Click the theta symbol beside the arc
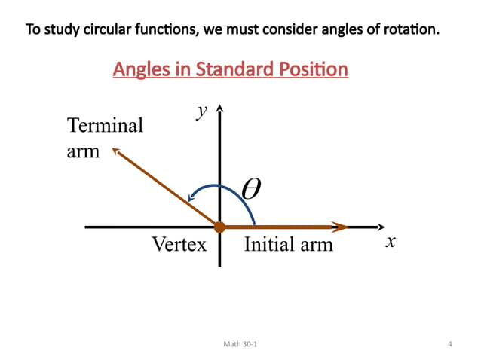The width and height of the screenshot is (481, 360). (x=251, y=188)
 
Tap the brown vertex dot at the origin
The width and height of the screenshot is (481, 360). (x=219, y=227)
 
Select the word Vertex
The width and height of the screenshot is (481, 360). (x=179, y=245)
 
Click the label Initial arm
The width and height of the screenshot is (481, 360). (x=288, y=245)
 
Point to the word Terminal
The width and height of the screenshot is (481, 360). (x=105, y=125)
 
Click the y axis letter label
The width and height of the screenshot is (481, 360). (x=201, y=111)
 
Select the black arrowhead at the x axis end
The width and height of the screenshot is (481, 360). (x=381, y=227)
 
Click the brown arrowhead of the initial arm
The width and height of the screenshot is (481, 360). (x=342, y=227)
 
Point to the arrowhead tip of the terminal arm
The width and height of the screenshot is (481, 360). (x=116, y=151)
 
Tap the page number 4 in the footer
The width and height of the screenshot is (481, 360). (x=449, y=345)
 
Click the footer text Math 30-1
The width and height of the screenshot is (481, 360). (x=240, y=345)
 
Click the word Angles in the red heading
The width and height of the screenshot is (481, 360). (x=139, y=70)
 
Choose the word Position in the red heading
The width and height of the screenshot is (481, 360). (x=315, y=70)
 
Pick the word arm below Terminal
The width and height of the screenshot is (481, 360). (x=83, y=151)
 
